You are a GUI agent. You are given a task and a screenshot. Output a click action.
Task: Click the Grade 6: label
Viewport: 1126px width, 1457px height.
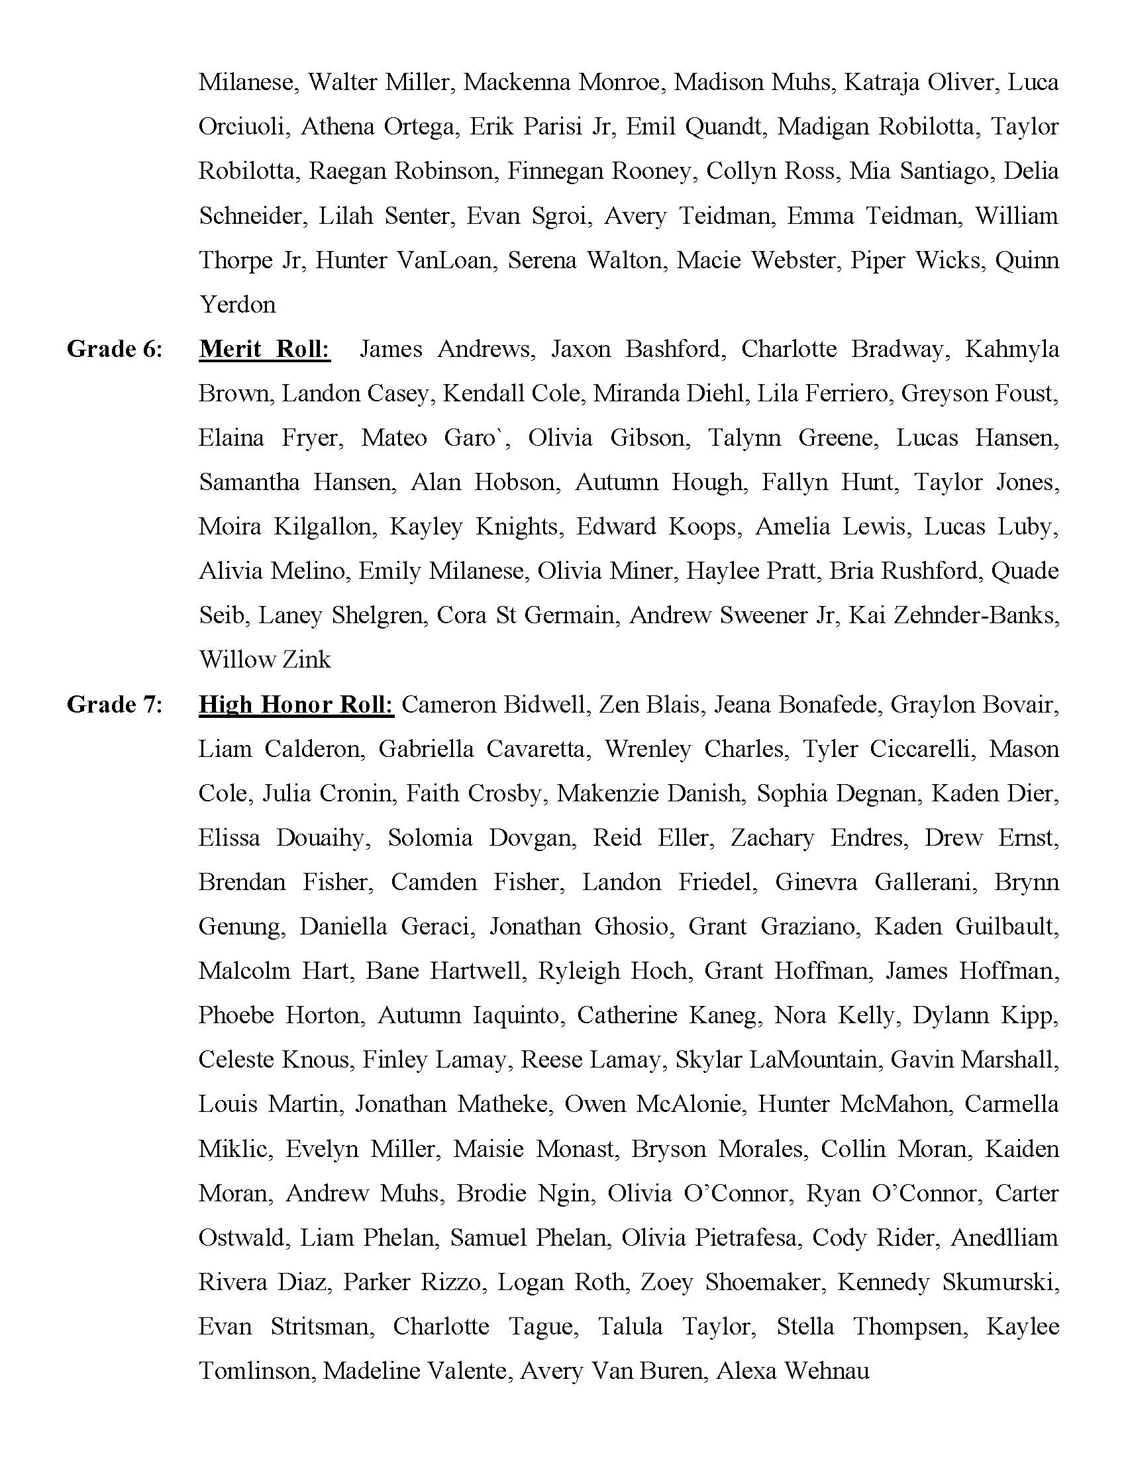(114, 349)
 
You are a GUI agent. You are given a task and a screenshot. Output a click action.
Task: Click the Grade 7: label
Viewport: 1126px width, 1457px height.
(114, 705)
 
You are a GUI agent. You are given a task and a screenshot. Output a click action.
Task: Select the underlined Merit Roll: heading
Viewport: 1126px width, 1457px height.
(264, 349)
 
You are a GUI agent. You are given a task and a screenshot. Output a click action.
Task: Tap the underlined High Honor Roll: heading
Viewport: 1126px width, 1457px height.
(296, 705)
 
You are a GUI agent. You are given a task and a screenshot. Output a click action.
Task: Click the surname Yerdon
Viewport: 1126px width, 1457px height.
(238, 305)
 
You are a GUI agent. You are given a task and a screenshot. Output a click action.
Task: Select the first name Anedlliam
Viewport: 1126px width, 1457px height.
(1005, 1238)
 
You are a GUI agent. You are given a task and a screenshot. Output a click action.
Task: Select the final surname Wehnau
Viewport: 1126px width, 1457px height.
(827, 1371)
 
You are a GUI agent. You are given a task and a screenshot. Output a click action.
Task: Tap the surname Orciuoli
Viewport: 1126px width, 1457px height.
(244, 126)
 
